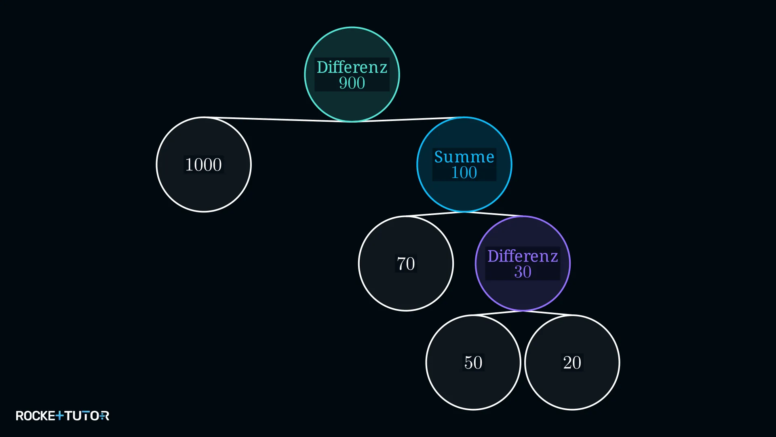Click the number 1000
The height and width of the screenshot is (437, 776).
tap(204, 165)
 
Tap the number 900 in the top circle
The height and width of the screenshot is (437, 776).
tap(352, 83)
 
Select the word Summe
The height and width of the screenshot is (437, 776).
tap(464, 157)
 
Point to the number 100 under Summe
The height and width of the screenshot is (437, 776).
tap(464, 173)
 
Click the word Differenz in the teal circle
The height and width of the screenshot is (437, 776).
tap(352, 67)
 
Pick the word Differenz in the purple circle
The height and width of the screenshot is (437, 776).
tap(523, 256)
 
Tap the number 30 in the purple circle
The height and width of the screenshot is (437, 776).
tap(523, 272)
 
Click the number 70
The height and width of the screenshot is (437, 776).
tap(406, 264)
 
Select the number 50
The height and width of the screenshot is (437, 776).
tap(473, 363)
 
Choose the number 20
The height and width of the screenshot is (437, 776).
tap(572, 363)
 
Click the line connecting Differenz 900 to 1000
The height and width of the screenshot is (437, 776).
tap(278, 119)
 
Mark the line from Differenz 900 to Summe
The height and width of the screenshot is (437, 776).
tap(408, 119)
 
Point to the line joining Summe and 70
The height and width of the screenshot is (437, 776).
tap(435, 214)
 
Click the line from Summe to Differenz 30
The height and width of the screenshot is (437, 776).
tap(493, 214)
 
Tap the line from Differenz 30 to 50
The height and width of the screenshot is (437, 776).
tap(498, 313)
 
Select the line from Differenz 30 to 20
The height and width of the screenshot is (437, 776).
tap(548, 313)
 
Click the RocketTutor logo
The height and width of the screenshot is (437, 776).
tap(63, 416)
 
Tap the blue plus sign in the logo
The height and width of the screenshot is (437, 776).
tap(59, 416)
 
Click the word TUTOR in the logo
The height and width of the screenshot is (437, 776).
tap(87, 416)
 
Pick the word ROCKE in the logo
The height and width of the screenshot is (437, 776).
tap(36, 416)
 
